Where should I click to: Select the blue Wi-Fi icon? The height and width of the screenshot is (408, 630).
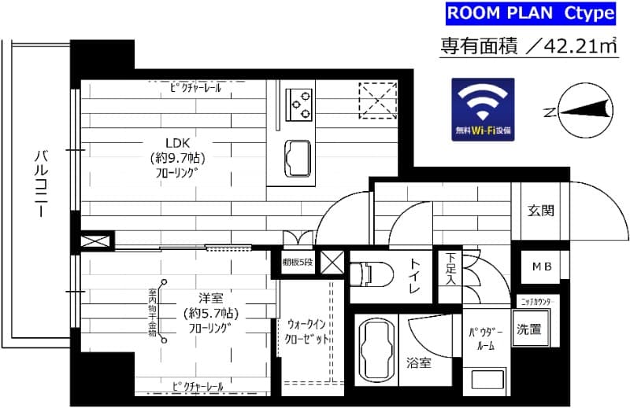(482, 110)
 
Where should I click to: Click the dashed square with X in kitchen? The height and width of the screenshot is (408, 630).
(376, 100)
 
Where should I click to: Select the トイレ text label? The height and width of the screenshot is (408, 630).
(414, 278)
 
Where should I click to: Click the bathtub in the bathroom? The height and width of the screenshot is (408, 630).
(374, 349)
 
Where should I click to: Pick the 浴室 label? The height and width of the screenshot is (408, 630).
(418, 363)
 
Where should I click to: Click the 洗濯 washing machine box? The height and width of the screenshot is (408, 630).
(528, 329)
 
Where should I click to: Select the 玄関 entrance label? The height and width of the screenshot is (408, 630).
(541, 210)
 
